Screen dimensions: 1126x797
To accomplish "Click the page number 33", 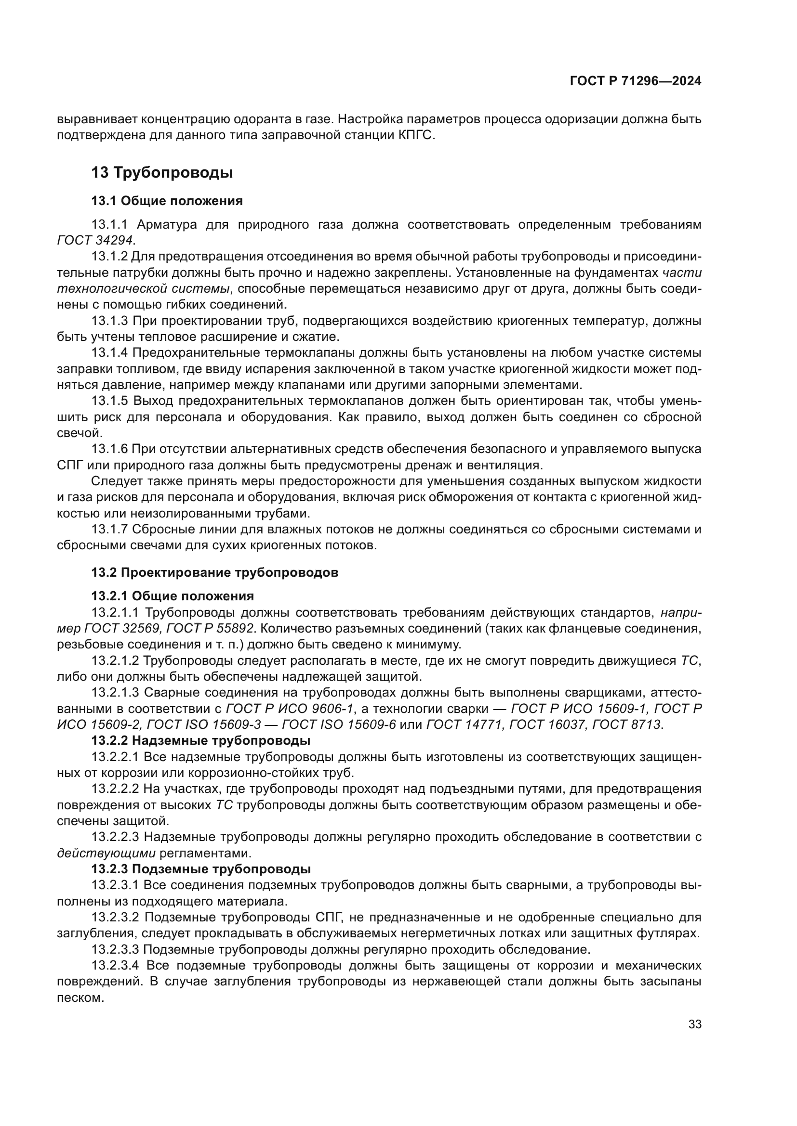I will point(694,1024).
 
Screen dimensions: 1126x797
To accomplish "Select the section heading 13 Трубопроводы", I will point(162,173).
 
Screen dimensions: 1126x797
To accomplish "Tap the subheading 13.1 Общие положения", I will point(167,201).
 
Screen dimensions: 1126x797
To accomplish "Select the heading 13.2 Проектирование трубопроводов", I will point(214,572).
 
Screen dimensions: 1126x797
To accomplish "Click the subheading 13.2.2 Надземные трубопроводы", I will point(201,740).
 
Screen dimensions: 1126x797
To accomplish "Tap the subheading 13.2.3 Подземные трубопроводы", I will point(201,869).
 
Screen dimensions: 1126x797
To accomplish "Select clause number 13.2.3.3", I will point(115,949).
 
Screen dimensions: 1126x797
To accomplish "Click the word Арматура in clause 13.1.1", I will point(167,225).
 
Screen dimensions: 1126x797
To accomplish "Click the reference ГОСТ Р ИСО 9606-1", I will point(290,708).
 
